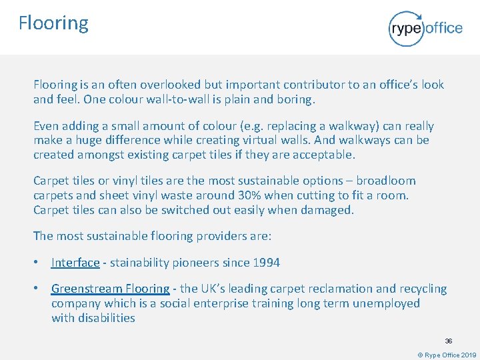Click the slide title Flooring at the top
53,23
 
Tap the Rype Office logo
425,28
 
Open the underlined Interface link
75,263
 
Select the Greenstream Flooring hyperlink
111,289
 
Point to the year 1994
266,263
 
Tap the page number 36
449,341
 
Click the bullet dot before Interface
38,263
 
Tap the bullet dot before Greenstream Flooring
38,289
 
